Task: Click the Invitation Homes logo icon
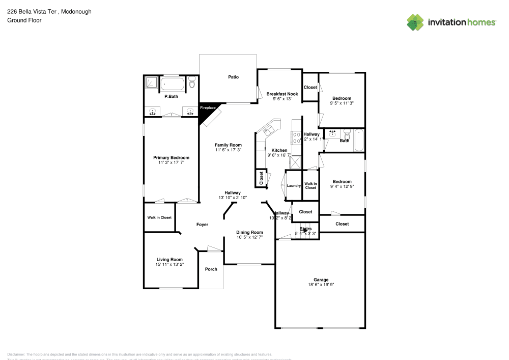tap(415, 22)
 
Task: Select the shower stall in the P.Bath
tap(152, 83)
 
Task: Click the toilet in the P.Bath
tap(192, 82)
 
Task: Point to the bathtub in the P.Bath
tap(173, 84)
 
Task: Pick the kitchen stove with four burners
tap(296, 137)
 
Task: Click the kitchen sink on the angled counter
tap(268, 130)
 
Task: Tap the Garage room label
tap(321, 280)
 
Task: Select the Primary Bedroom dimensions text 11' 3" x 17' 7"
tap(171, 163)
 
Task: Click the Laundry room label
tap(294, 186)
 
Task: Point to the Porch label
tap(211, 269)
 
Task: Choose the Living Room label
tap(169, 259)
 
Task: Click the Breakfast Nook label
tap(282, 94)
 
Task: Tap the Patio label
tap(233, 77)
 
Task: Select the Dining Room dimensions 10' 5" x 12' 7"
tap(249, 237)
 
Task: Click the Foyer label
tap(203, 225)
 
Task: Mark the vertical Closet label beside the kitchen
tap(261, 178)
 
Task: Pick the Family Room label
tap(228, 145)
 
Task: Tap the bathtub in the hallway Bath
tap(358, 141)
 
